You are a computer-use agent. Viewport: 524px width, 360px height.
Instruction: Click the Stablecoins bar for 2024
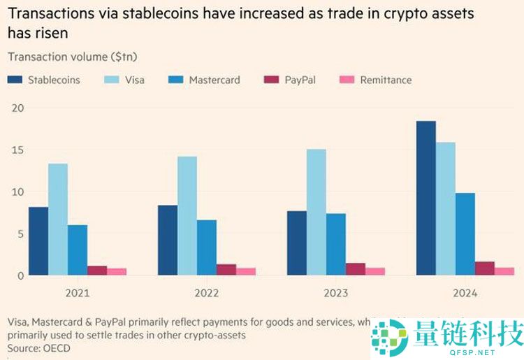[x=425, y=199]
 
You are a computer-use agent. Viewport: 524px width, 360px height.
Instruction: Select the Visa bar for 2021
[x=58, y=219]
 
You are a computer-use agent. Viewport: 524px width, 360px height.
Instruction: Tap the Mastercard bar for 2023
[x=335, y=244]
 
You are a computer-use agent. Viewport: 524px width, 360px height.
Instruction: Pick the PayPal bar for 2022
[x=226, y=269]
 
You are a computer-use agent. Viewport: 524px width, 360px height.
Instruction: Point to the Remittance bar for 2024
[x=504, y=271]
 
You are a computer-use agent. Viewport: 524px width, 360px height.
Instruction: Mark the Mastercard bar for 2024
[x=465, y=233]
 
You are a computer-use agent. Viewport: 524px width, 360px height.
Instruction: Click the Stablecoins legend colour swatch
[x=15, y=80]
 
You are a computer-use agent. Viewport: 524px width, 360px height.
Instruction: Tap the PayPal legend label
[x=300, y=80]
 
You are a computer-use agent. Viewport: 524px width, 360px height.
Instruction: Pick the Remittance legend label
[x=386, y=80]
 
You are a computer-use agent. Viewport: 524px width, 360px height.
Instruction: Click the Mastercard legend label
[x=214, y=80]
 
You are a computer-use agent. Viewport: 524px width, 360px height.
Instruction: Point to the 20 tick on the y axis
[x=17, y=108]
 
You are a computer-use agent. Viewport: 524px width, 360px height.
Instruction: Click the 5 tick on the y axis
[x=21, y=233]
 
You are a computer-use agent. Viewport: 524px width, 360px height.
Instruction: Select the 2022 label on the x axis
[x=206, y=294]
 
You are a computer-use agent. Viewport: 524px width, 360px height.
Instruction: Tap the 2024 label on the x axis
[x=465, y=294]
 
